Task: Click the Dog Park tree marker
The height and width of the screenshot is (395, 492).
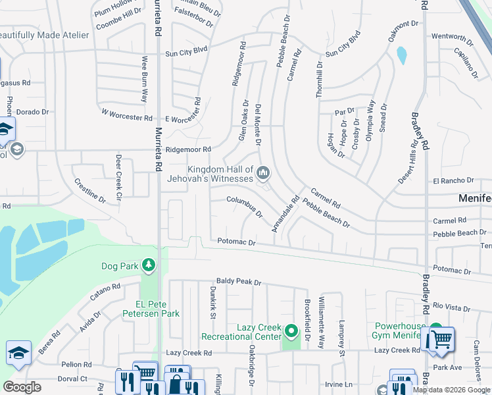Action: [150, 265]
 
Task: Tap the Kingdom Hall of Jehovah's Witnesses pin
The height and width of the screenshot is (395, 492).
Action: [263, 173]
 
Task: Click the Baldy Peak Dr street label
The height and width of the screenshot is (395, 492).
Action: [239, 282]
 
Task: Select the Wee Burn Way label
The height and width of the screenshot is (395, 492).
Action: [145, 79]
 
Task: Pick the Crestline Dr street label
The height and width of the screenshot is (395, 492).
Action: [90, 190]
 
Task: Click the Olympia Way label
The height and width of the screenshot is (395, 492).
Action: [370, 117]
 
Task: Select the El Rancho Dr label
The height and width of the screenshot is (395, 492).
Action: [453, 180]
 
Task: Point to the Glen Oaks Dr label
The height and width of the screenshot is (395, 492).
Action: [243, 120]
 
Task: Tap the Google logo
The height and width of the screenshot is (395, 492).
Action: [22, 387]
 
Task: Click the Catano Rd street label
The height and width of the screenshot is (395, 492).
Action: [106, 292]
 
